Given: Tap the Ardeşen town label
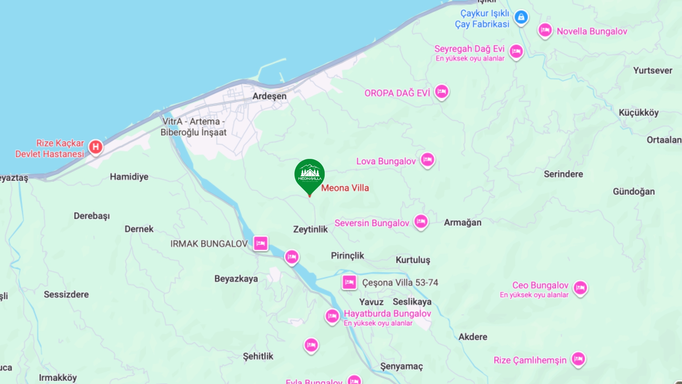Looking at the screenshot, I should pos(269,96).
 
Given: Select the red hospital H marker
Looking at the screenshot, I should pos(96,147).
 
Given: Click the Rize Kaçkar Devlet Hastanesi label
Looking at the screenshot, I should pos(50,149).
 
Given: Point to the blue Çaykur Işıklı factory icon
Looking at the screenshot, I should pos(521,17).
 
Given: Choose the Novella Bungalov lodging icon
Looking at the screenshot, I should pos(545,30).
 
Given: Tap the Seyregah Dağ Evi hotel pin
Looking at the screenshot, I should pos(516,51).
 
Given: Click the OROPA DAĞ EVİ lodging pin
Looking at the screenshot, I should pos(442,92).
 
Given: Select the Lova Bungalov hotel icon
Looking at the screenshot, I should pos(427,160).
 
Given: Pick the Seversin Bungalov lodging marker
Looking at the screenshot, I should pos(421,222).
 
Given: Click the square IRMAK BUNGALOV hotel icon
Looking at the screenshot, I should pos(261,244).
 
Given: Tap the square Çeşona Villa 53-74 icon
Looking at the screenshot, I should pos(349,282).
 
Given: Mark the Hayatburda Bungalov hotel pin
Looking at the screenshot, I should pos(332,315).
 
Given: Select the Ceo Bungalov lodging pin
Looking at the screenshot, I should pos(580,288).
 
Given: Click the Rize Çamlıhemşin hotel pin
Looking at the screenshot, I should pos(578,359).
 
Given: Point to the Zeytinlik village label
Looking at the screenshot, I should pos(310,229).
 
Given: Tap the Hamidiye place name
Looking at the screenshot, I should pos(129,177).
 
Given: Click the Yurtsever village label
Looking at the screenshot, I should pos(653,70).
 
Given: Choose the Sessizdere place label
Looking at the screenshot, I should pos(66,294).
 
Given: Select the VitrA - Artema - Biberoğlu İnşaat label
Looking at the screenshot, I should pos(194,127).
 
